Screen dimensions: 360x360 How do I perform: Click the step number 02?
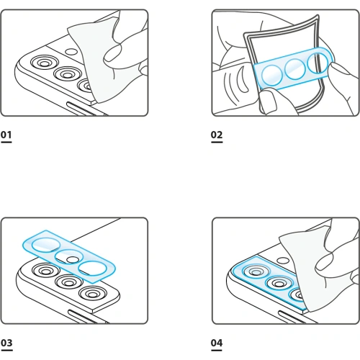217,135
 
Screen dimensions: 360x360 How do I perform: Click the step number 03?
6,343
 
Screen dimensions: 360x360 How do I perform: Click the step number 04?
217,343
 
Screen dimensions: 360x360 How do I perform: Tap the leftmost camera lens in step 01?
42,63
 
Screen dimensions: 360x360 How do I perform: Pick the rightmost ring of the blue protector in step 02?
318,65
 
